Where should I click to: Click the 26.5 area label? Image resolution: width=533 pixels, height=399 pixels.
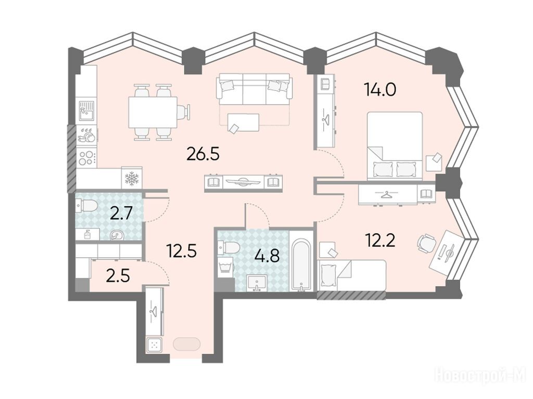pos(204,154)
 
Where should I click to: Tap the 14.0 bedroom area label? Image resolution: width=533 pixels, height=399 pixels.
pos(380,89)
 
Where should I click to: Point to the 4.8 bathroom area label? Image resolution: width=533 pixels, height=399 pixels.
pos(268,256)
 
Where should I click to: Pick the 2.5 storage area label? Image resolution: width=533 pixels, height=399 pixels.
pos(118,276)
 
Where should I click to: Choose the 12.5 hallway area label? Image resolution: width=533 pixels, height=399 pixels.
pos(182,251)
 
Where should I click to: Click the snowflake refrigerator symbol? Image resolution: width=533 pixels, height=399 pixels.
pos(132,178)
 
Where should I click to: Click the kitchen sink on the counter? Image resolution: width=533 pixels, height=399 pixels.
pos(88,110)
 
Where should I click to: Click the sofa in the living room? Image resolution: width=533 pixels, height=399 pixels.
pos(254,89)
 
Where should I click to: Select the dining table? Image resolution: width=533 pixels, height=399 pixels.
pos(153,112)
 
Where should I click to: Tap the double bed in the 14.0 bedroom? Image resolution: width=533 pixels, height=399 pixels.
pos(395,146)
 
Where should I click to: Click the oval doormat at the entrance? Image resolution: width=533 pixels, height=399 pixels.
pos(187,344)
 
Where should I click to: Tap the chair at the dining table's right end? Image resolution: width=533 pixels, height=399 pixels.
pos(184,112)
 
